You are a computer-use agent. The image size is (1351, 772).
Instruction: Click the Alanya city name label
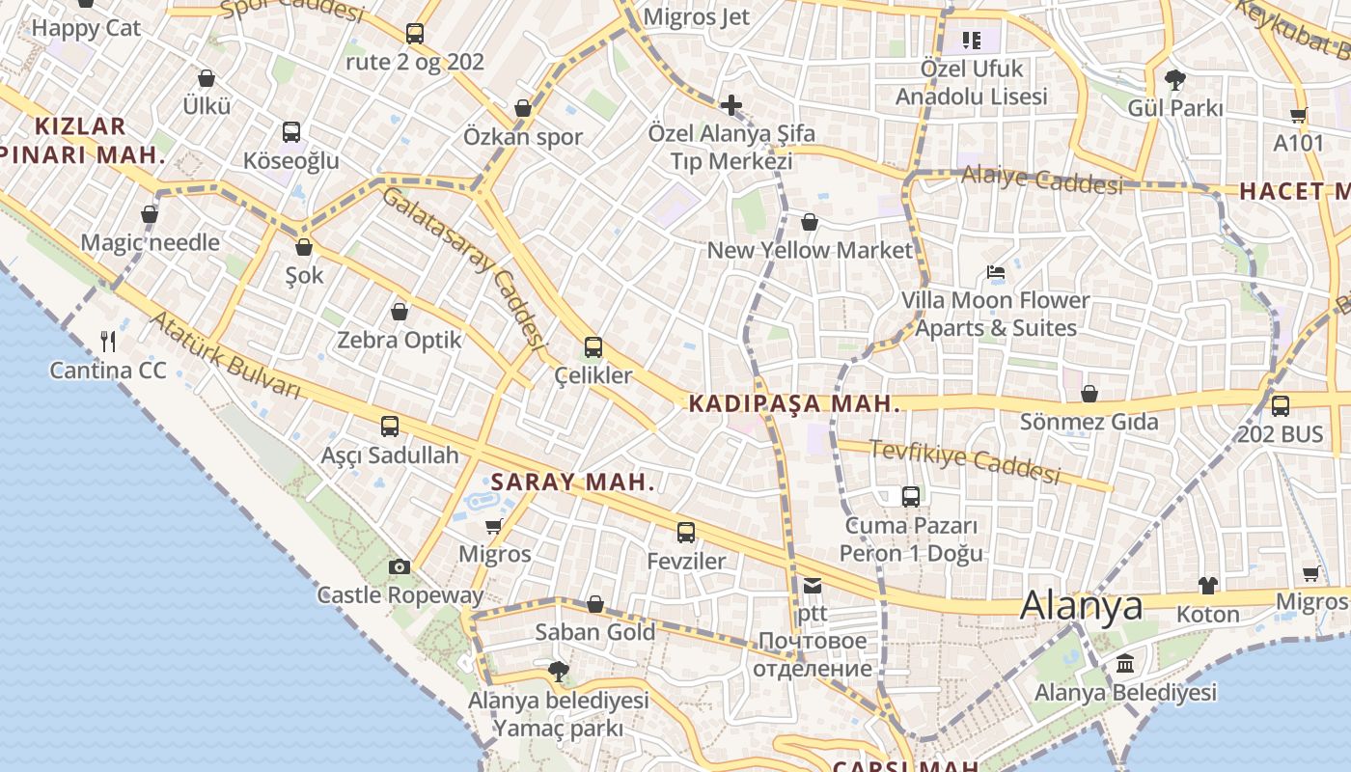tap(1081, 606)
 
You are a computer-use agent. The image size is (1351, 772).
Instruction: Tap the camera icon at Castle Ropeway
tap(400, 566)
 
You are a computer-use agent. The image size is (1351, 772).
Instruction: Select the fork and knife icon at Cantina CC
tap(108, 341)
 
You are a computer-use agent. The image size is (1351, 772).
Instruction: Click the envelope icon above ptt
tap(812, 586)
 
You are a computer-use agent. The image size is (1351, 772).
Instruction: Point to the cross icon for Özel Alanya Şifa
tap(731, 104)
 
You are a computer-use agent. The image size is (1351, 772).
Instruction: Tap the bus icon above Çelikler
tap(593, 347)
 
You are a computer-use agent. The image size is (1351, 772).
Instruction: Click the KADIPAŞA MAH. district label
tap(795, 404)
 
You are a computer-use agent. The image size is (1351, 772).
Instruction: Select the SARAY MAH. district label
tap(573, 482)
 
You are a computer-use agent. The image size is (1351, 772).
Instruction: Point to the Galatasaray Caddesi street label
tap(460, 266)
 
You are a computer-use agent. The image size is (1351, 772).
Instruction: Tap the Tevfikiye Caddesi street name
tap(965, 461)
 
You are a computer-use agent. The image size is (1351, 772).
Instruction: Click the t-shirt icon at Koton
tap(1208, 585)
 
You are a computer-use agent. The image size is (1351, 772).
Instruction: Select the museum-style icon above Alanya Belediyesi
tap(1125, 664)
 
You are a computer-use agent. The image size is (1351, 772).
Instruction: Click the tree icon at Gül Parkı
tap(1174, 79)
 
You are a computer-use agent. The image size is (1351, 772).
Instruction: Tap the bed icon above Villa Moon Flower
tap(996, 272)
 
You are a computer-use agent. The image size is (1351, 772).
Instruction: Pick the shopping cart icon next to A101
tap(1299, 115)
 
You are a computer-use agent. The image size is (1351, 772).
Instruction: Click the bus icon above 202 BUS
tap(1281, 406)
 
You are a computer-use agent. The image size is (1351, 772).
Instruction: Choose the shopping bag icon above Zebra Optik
tap(400, 312)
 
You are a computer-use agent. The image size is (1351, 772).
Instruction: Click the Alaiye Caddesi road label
tap(1042, 179)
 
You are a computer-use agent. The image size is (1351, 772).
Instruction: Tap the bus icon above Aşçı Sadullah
tap(390, 427)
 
